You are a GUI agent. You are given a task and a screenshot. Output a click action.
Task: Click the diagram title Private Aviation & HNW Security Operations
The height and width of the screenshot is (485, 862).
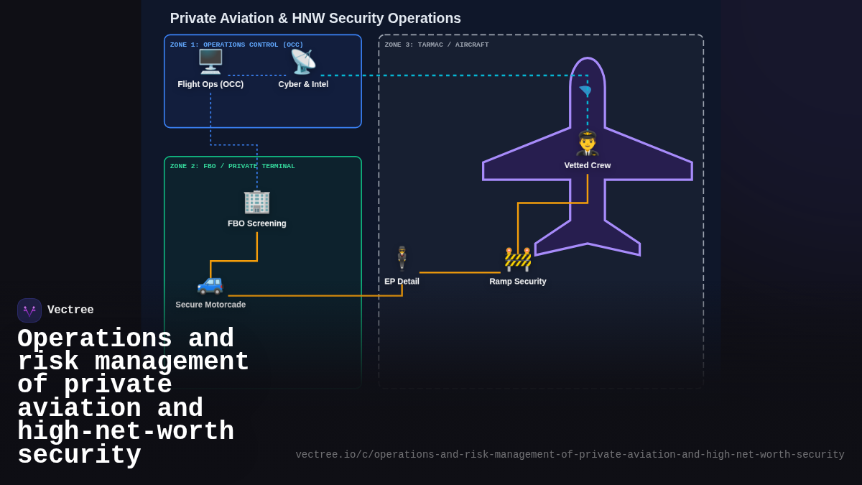click(x=315, y=19)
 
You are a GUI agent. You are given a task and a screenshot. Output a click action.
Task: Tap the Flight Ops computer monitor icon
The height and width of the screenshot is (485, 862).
click(x=210, y=62)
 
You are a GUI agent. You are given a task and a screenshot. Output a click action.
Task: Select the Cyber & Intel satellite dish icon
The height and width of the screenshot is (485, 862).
click(x=303, y=62)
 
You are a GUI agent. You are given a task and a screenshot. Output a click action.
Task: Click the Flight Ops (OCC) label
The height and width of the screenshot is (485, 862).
click(x=210, y=84)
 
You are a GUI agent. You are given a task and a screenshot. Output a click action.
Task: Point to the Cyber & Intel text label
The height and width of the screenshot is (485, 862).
click(x=303, y=84)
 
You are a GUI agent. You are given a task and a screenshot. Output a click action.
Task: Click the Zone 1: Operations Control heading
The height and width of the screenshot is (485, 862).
click(x=236, y=45)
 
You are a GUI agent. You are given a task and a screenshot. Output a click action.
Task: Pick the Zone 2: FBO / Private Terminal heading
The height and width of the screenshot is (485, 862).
click(x=232, y=166)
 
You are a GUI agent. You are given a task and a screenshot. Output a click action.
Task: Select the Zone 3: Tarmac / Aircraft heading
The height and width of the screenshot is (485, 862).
click(x=436, y=45)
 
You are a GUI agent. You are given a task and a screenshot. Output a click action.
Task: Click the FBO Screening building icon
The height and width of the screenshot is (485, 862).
click(x=256, y=201)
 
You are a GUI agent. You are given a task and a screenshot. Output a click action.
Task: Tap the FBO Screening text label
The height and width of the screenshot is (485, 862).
click(x=256, y=223)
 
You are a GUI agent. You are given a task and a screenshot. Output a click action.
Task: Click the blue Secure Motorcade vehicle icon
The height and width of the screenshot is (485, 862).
click(x=210, y=283)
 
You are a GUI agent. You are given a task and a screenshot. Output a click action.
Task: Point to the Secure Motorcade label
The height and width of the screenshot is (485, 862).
click(x=210, y=305)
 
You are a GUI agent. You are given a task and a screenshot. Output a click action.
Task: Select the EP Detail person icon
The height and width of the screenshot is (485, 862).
click(x=402, y=257)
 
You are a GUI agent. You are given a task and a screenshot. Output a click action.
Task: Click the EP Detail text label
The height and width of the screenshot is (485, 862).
click(x=402, y=282)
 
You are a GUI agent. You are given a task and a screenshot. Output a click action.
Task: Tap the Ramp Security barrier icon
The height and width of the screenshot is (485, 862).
click(x=518, y=259)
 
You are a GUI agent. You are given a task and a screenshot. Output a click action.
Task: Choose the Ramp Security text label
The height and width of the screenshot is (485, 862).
click(x=518, y=282)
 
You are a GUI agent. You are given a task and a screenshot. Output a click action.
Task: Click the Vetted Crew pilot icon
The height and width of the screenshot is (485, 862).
click(x=587, y=143)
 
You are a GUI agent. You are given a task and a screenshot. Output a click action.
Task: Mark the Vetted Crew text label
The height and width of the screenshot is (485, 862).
click(x=587, y=165)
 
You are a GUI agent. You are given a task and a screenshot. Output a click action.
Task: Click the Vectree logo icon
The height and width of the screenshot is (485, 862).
click(x=29, y=310)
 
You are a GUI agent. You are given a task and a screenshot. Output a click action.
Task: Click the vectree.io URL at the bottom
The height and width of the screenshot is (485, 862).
click(x=570, y=455)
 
